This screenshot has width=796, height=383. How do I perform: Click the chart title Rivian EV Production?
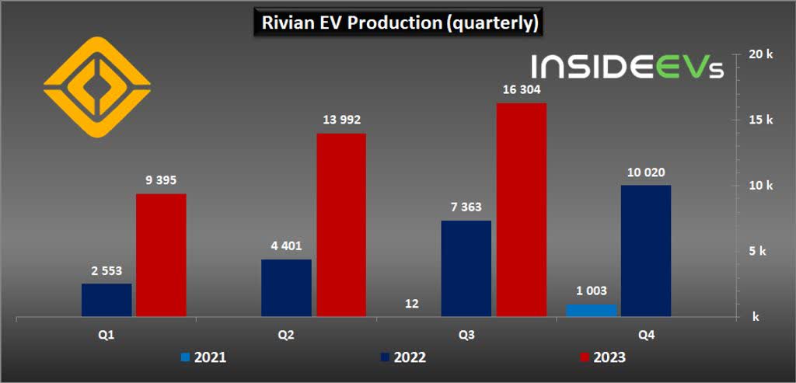click(x=397, y=23)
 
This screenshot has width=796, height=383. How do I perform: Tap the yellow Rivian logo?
click(x=96, y=85)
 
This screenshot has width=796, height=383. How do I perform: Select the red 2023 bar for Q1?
click(x=161, y=255)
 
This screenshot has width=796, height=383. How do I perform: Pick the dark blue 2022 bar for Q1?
click(x=106, y=300)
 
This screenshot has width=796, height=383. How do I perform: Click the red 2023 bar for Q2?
click(x=340, y=225)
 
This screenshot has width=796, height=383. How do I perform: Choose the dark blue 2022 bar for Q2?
click(x=286, y=287)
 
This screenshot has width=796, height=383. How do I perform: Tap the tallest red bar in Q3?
click(x=521, y=210)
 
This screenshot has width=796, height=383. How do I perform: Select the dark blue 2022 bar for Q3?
click(x=466, y=268)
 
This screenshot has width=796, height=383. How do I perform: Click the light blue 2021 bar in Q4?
click(x=592, y=310)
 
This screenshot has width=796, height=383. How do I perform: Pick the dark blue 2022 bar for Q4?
click(x=646, y=250)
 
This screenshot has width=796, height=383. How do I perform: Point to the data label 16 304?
click(x=521, y=90)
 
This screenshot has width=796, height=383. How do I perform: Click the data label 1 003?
click(x=592, y=291)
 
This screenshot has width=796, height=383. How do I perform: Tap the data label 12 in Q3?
click(x=412, y=304)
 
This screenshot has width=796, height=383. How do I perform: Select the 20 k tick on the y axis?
click(x=759, y=54)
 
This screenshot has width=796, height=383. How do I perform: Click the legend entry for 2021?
click(x=204, y=357)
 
